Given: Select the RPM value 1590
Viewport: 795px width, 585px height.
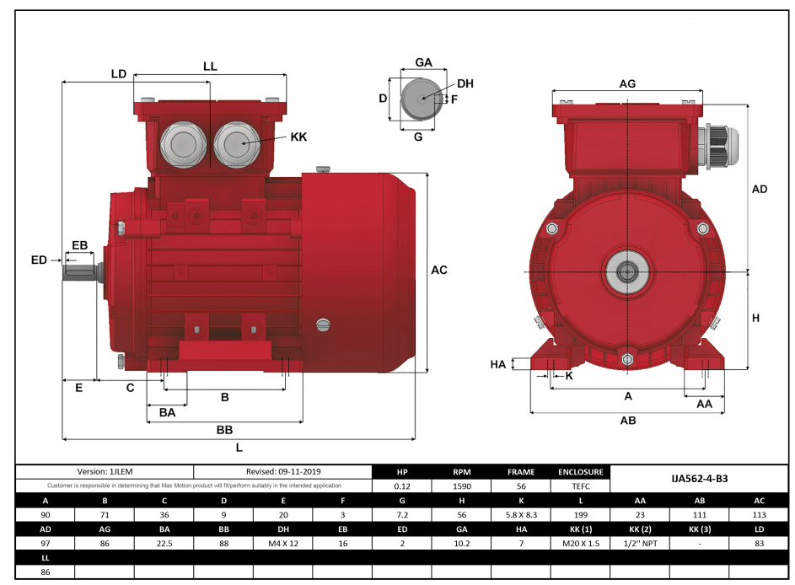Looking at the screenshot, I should pyautogui.click(x=462, y=486).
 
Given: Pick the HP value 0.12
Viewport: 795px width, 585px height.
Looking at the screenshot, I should pyautogui.click(x=402, y=486).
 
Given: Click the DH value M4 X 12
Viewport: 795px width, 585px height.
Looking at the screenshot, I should pyautogui.click(x=283, y=544).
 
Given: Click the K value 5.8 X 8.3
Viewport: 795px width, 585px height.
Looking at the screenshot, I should pyautogui.click(x=521, y=515).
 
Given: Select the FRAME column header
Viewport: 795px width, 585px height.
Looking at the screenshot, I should pyautogui.click(x=521, y=472).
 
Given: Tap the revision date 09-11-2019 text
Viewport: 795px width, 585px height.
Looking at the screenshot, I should pyautogui.click(x=283, y=472).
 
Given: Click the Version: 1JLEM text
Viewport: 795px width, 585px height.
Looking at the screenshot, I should pyautogui.click(x=105, y=472).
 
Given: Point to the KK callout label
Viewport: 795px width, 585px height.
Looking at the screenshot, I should pyautogui.click(x=299, y=137).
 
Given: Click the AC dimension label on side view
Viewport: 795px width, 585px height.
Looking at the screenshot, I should pyautogui.click(x=439, y=270).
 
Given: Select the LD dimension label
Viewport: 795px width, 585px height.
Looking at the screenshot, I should pyautogui.click(x=119, y=74).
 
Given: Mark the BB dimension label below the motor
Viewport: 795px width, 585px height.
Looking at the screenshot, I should pyautogui.click(x=224, y=430).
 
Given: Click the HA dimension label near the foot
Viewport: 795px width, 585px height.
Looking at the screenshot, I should pyautogui.click(x=498, y=364).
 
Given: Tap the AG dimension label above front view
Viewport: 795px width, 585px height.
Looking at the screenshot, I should pyautogui.click(x=627, y=83).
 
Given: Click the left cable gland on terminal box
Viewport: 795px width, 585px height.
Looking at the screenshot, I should pyautogui.click(x=184, y=143).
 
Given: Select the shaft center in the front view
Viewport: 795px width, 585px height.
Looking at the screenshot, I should pyautogui.click(x=627, y=271).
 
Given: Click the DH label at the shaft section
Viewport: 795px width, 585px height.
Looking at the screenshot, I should pyautogui.click(x=465, y=83).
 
